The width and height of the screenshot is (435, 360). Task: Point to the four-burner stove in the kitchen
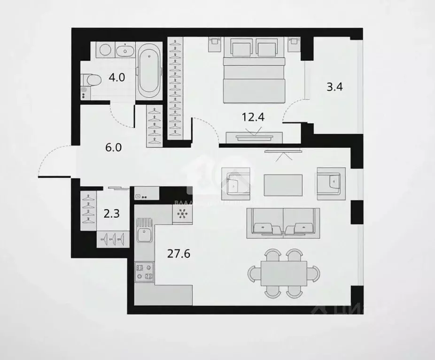coord(144,272)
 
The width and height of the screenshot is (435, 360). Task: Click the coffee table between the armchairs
coord(283,185)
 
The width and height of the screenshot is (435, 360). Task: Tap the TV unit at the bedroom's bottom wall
coord(254,138)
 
